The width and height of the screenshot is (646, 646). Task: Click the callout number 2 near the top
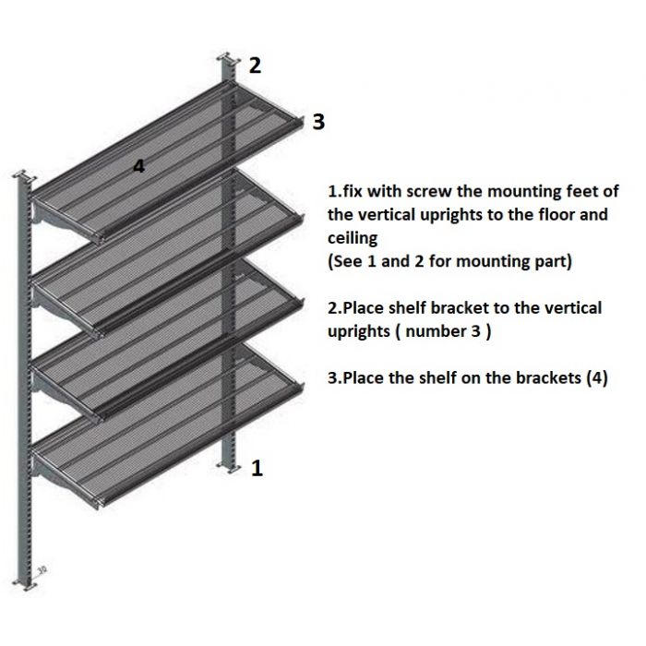coord(255,65)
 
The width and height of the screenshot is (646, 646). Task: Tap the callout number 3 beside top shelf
coord(318,122)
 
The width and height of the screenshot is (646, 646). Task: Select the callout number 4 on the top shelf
coord(138,166)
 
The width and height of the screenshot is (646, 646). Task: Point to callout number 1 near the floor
coord(257,469)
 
